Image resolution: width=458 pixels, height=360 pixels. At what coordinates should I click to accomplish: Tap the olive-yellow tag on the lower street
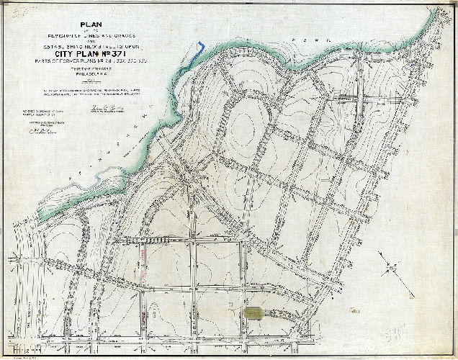point(254,313)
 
